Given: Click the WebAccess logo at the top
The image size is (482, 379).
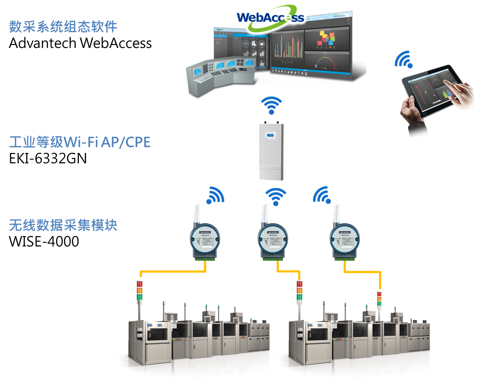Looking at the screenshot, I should (270, 17).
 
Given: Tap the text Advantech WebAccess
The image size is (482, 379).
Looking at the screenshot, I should (80, 43).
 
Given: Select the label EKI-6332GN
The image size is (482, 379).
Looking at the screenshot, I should (48, 158).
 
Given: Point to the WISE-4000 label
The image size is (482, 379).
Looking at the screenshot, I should (44, 241).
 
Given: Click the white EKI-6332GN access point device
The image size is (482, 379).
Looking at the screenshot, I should (271, 151).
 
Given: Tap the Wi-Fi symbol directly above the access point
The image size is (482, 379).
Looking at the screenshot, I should (271, 105).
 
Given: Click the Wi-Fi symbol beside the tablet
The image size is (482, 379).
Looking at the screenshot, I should (403, 59).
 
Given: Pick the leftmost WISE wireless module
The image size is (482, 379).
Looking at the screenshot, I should (205, 241).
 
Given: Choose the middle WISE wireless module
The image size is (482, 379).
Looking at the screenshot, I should (273, 241).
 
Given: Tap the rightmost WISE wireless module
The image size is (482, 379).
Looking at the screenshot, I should (344, 241).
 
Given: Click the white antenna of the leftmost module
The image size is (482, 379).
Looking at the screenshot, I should (197, 215).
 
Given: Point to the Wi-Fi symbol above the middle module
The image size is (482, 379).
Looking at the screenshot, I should (276, 196).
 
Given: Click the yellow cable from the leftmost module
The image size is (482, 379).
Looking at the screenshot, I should (173, 271).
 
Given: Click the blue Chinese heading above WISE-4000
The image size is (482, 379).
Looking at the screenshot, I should (63, 225).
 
